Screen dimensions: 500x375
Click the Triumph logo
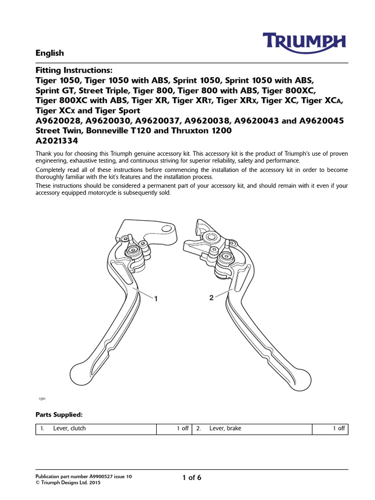coord(305,42)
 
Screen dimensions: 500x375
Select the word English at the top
coord(50,53)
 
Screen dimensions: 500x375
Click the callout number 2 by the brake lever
coord(211,298)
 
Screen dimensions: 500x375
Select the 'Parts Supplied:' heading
coord(59,415)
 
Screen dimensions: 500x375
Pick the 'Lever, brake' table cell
coord(225,429)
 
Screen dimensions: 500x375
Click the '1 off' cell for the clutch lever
coord(182,429)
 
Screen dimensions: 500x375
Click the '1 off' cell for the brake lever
coord(338,429)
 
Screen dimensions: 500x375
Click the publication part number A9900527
coord(103,476)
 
